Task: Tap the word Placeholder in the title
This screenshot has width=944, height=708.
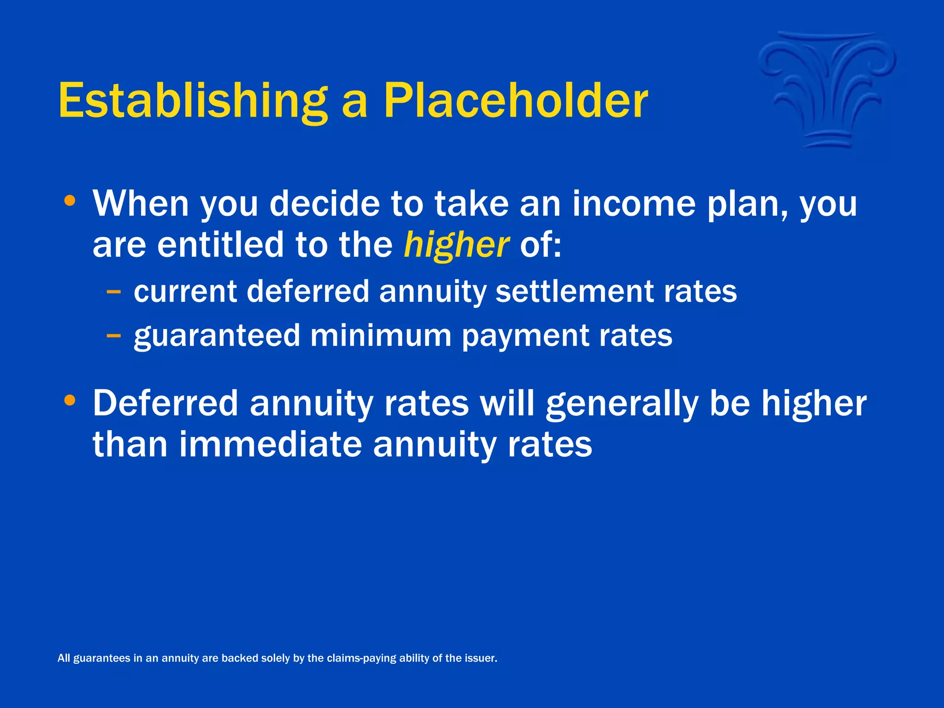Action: click(x=515, y=100)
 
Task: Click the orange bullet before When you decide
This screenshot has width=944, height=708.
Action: click(x=70, y=201)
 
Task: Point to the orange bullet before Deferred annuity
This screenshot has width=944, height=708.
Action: click(x=70, y=401)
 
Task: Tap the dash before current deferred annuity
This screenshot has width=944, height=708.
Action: click(x=113, y=292)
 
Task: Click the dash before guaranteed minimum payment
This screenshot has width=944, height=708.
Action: click(x=113, y=336)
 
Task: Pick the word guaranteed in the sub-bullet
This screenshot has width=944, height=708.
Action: click(x=217, y=336)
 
